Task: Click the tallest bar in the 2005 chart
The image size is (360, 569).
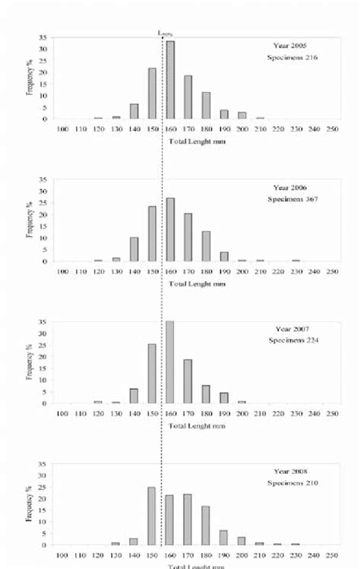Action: (x=170, y=80)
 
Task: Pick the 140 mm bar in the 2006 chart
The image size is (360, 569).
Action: (x=134, y=249)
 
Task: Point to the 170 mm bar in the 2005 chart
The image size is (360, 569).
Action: (x=188, y=97)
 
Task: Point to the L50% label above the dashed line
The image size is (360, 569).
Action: (x=163, y=33)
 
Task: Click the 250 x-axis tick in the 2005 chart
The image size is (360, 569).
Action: (x=332, y=129)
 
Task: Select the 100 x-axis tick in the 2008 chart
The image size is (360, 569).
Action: (x=62, y=555)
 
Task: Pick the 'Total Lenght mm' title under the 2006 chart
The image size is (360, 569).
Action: (x=197, y=283)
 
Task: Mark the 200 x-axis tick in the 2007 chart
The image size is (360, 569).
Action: (x=242, y=413)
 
